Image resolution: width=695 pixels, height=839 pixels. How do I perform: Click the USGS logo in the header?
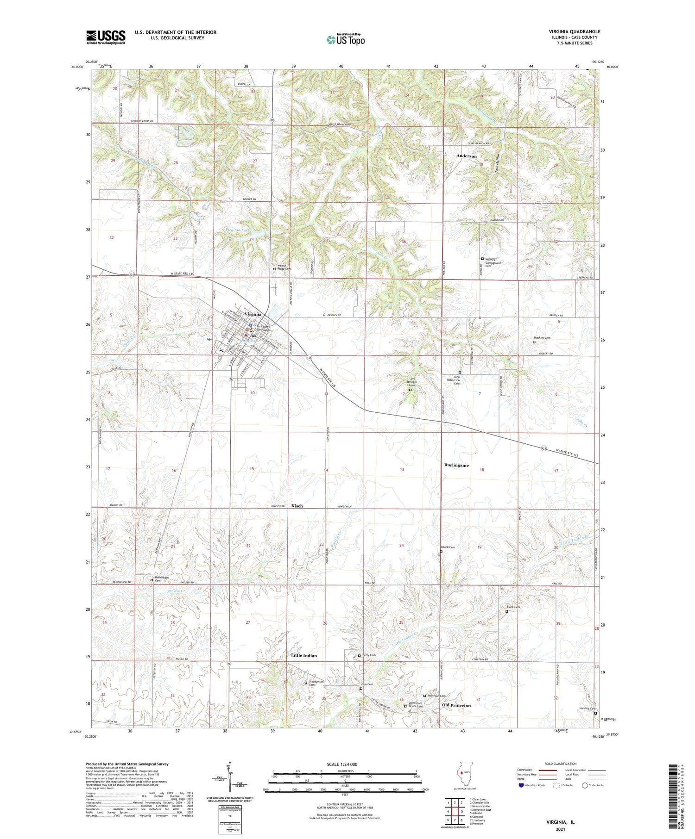(106, 37)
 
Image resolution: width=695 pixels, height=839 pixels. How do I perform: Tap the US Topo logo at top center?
(345, 39)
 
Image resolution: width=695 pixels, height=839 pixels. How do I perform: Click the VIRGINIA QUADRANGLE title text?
(574, 31)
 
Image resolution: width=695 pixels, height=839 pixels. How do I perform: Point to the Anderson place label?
(466, 156)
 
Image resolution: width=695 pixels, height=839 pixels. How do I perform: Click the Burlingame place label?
(456, 465)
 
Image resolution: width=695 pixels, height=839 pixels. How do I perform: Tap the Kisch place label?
(297, 506)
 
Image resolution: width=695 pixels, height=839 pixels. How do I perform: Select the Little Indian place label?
(304, 655)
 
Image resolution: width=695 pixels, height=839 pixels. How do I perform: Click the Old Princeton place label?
(456, 705)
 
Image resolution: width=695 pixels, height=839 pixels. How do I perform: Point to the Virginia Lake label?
(240, 230)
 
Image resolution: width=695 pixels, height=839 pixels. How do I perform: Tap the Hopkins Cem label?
(542, 338)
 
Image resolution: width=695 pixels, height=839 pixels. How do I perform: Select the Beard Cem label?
(449, 547)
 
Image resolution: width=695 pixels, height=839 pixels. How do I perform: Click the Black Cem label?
(513, 607)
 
